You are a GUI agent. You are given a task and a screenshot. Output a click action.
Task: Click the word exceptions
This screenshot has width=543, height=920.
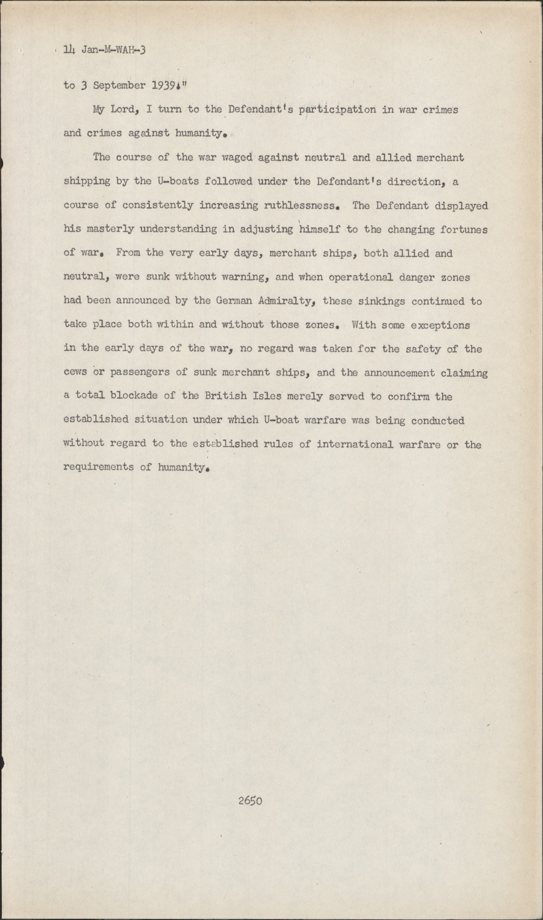[x=440, y=325]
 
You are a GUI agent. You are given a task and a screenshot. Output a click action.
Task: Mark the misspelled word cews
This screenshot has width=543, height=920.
[x=75, y=373]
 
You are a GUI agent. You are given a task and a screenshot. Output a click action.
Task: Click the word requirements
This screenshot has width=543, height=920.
[x=99, y=467]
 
